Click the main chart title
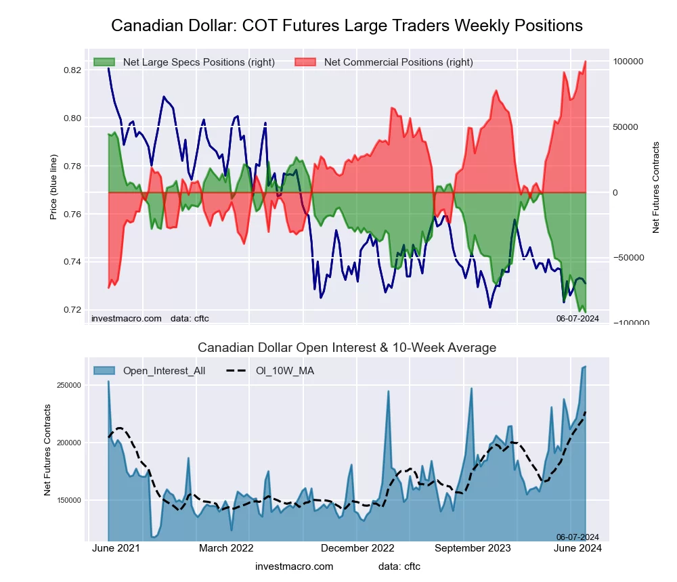click(347, 26)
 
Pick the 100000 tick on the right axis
click(629, 62)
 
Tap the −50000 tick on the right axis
click(629, 258)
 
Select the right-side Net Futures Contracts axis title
click(655, 187)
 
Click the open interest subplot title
click(347, 348)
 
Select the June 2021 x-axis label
click(115, 549)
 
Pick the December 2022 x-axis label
click(357, 549)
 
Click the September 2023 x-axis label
click(473, 549)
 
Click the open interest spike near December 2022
click(389, 392)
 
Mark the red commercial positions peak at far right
click(585, 62)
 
